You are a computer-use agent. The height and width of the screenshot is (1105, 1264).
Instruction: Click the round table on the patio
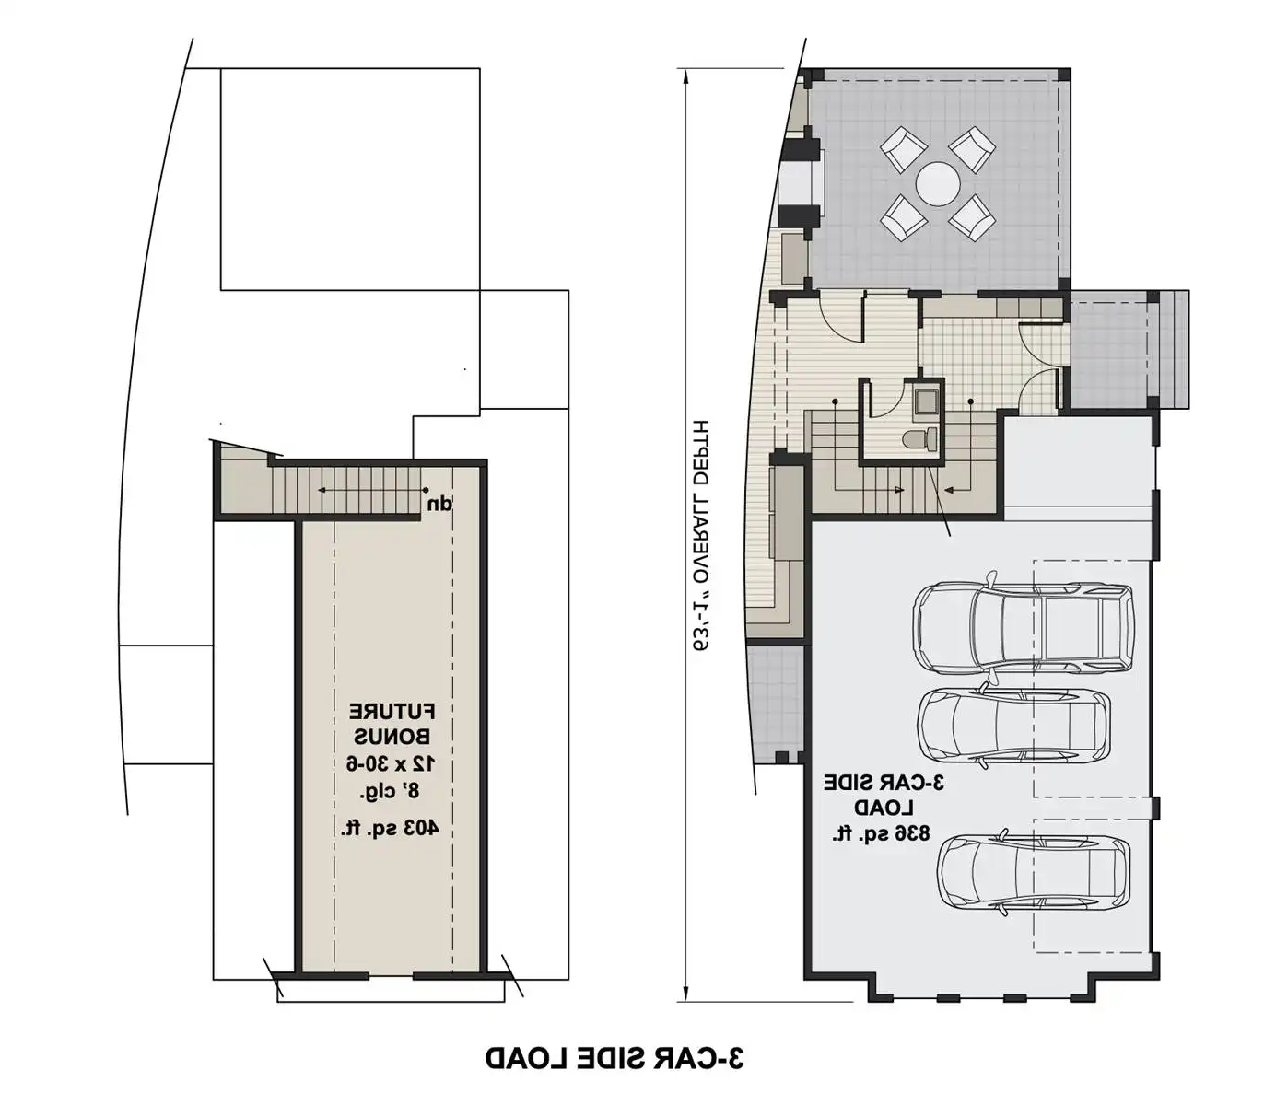pos(938,183)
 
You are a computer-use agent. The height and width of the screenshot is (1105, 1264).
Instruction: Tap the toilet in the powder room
pos(919,439)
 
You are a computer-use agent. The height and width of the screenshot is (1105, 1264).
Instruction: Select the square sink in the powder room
pos(926,401)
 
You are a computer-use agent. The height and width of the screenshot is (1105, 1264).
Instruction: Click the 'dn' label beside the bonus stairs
pos(439,505)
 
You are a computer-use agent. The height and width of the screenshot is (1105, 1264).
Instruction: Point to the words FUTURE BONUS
pos(392,724)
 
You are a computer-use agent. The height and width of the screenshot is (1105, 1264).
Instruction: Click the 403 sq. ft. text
pos(390,828)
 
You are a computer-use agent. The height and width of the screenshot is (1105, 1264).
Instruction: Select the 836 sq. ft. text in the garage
pos(880,834)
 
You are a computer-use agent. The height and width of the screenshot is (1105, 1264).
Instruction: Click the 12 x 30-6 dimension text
pos(391,763)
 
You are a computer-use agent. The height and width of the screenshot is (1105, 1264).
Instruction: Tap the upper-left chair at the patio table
pos(903,149)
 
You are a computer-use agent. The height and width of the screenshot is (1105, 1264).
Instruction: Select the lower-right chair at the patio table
pos(972,218)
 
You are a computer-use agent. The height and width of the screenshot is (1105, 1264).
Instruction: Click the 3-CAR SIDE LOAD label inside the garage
pos(884,795)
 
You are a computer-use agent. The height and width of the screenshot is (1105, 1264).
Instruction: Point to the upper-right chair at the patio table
pos(972,149)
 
